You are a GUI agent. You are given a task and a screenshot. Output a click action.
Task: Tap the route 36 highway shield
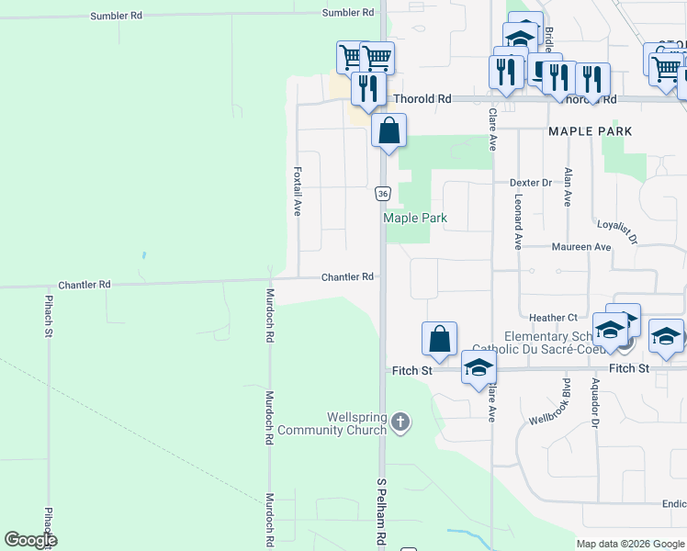[x=383, y=194]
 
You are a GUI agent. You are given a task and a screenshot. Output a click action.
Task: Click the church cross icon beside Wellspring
[x=399, y=422]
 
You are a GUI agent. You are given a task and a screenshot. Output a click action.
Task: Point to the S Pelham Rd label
[x=381, y=509]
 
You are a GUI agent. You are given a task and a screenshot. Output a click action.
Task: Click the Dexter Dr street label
[x=531, y=183]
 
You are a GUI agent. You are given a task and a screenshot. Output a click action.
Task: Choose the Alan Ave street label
[x=569, y=187]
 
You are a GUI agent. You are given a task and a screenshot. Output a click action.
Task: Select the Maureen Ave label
[x=580, y=247]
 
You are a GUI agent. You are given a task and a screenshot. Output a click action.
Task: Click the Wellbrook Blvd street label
[x=552, y=400]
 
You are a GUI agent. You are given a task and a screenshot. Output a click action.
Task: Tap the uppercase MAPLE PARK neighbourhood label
[x=590, y=131]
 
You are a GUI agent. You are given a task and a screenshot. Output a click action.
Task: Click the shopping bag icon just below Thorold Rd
[x=389, y=130]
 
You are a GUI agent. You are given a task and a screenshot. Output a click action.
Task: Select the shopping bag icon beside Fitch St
[x=440, y=338]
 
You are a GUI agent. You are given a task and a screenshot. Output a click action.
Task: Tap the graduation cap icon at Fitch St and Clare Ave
[x=478, y=369]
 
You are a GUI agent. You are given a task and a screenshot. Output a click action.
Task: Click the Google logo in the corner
[x=31, y=540]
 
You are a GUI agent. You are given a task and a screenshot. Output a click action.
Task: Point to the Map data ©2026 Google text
[x=629, y=544]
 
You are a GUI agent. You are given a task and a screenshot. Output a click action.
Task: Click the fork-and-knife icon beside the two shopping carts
[x=365, y=87]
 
